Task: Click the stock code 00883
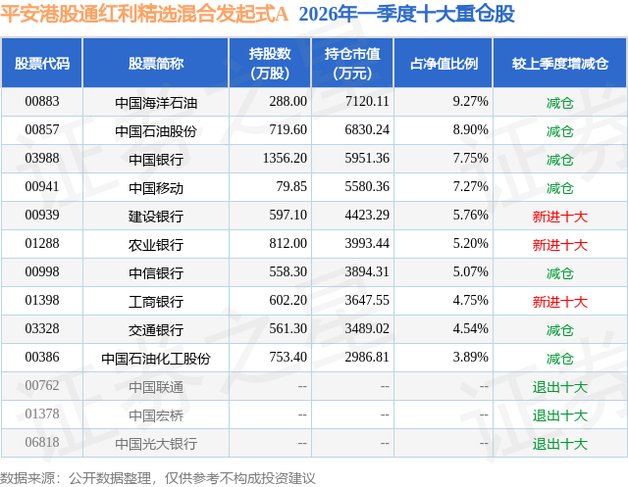point(42,101)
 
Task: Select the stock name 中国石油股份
point(156,131)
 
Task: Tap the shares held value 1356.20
point(285,158)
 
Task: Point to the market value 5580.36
point(367,186)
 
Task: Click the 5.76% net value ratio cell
point(471,215)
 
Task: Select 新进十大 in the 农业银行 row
point(560,245)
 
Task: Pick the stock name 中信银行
point(156,273)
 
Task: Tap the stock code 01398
point(42,300)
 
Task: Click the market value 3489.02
point(367,328)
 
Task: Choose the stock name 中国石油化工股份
point(156,359)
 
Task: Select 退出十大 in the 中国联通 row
point(560,387)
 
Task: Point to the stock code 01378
point(42,414)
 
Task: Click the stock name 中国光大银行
point(156,444)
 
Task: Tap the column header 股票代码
point(42,63)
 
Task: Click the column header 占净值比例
point(444,63)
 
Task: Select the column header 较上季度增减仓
point(560,63)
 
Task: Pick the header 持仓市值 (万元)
point(352,63)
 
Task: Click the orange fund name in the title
point(144,15)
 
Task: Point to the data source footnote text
point(157,478)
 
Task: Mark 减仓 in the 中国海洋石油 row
point(560,103)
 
